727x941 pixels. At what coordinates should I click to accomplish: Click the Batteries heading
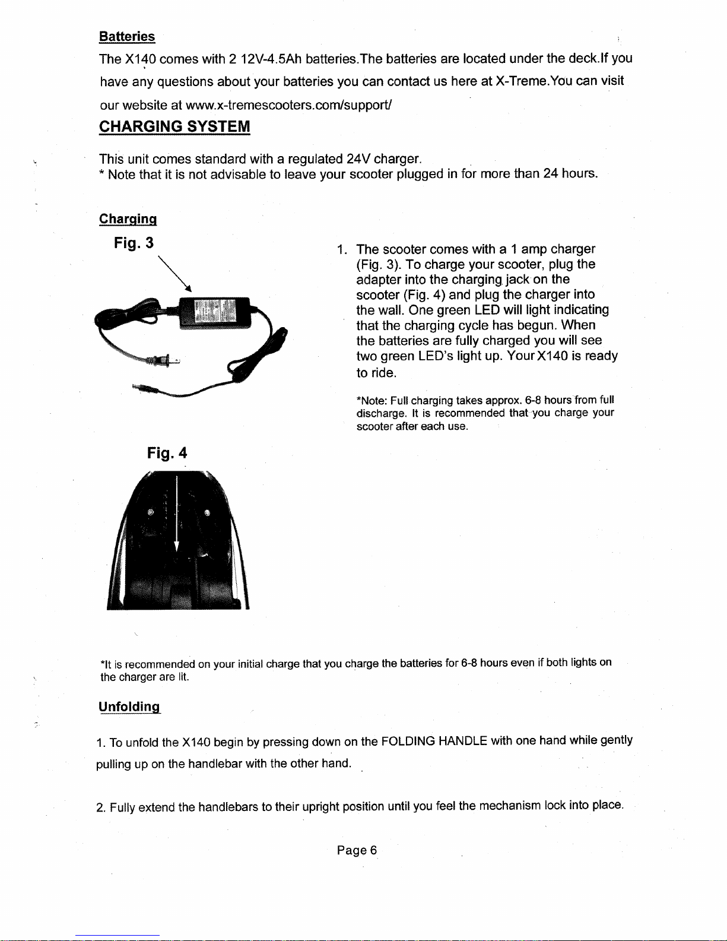pyautogui.click(x=126, y=37)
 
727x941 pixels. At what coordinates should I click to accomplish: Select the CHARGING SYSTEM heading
pyautogui.click(x=174, y=126)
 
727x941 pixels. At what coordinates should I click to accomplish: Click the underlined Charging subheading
pyautogui.click(x=128, y=218)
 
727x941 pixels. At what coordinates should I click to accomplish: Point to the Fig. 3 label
pyautogui.click(x=134, y=243)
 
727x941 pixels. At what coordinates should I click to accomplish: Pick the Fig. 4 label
pyautogui.click(x=167, y=454)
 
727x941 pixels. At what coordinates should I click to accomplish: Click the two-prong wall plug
pyautogui.click(x=161, y=360)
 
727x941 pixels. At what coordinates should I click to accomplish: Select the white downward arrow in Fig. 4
pyautogui.click(x=176, y=522)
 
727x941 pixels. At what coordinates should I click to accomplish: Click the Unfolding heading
pyautogui.click(x=129, y=707)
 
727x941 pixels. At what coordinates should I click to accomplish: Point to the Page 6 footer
pyautogui.click(x=357, y=850)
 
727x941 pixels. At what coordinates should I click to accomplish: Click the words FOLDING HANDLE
pyautogui.click(x=434, y=741)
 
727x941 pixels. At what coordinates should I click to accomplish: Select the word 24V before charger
pyautogui.click(x=358, y=159)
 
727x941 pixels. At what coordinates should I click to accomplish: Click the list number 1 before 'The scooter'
pyautogui.click(x=340, y=249)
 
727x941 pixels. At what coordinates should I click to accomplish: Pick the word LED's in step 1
pyautogui.click(x=436, y=356)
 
